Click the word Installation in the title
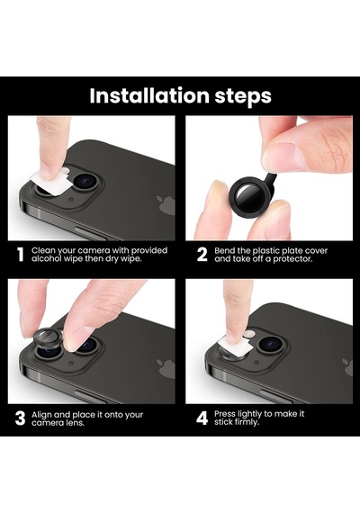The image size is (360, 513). (x=149, y=95)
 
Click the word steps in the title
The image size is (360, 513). (x=243, y=97)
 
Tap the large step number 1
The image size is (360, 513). (x=21, y=255)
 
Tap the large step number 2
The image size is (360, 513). (x=202, y=255)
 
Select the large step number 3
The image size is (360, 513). (x=20, y=418)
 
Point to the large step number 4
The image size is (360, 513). (x=202, y=418)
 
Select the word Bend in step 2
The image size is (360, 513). (x=225, y=250)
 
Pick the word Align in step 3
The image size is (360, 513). (x=41, y=415)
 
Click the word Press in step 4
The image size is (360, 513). (x=225, y=414)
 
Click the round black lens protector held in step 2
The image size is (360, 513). (x=247, y=196)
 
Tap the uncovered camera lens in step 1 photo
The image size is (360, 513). (x=85, y=181)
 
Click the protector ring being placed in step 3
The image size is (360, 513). (x=49, y=340)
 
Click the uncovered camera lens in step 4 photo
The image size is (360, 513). (x=271, y=344)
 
